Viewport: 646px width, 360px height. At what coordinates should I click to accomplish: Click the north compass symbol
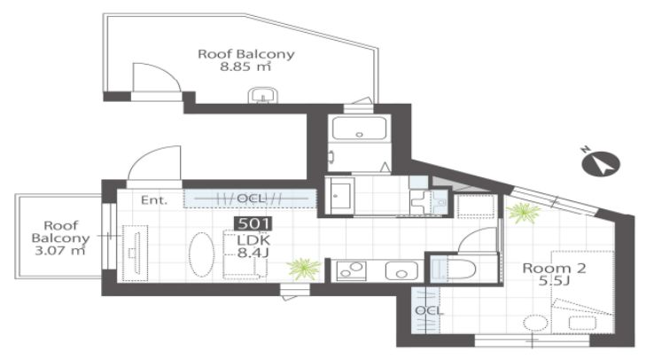pyautogui.click(x=600, y=163)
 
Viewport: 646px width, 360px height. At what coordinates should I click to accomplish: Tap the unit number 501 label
pyautogui.click(x=253, y=224)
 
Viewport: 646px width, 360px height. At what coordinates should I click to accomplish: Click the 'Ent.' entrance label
pyautogui.click(x=154, y=200)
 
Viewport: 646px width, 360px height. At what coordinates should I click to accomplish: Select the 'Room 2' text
pyautogui.click(x=554, y=268)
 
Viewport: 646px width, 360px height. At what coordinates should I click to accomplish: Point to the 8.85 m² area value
pyautogui.click(x=245, y=67)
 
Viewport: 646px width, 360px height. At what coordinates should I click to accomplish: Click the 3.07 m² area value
pyautogui.click(x=60, y=250)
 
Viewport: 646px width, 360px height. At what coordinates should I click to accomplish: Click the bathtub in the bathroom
pyautogui.click(x=359, y=128)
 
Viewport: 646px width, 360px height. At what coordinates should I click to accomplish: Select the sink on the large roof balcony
pyautogui.click(x=263, y=95)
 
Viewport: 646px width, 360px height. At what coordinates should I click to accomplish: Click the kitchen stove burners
pyautogui.click(x=351, y=271)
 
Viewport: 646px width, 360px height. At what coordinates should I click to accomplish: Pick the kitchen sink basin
pyautogui.click(x=401, y=271)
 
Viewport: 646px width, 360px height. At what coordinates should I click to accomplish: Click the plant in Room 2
pyautogui.click(x=523, y=213)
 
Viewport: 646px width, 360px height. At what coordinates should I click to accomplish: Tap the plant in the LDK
pyautogui.click(x=304, y=269)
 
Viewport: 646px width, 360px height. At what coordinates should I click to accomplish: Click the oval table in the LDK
pyautogui.click(x=201, y=254)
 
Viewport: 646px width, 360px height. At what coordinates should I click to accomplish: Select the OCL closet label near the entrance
pyautogui.click(x=251, y=199)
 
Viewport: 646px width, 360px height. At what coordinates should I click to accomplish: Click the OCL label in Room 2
pyautogui.click(x=429, y=310)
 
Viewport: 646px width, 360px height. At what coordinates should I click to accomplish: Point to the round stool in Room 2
pyautogui.click(x=535, y=323)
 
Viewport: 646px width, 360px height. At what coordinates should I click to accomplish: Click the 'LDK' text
pyautogui.click(x=253, y=240)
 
